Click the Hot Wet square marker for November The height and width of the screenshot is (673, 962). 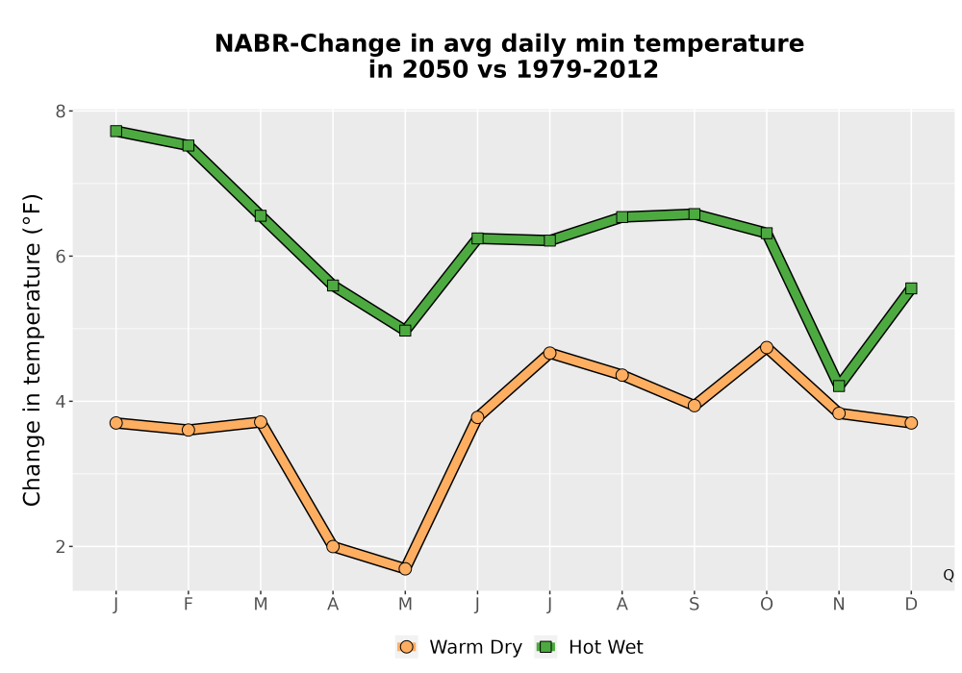pos(839,386)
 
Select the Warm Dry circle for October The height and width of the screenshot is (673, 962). pos(767,347)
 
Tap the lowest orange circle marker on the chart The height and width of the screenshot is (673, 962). pos(405,569)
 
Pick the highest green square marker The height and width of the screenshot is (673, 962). pos(116,131)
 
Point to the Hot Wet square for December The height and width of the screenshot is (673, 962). pos(911,288)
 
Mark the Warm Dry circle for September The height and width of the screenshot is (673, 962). pos(694,405)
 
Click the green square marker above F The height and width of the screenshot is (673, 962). pos(189,145)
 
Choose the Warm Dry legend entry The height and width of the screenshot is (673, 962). pos(459,647)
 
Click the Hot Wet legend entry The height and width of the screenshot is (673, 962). pos(589,647)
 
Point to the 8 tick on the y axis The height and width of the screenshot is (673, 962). pos(60,112)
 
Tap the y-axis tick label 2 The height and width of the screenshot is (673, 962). pos(60,547)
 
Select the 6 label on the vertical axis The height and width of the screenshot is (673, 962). pos(60,256)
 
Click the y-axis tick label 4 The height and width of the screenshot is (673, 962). pos(60,402)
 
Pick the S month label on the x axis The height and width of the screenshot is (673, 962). pos(694,605)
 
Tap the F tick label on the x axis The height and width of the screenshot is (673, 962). pos(189,605)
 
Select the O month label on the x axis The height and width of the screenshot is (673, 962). pos(767,605)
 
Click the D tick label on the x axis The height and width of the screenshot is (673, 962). pos(911,605)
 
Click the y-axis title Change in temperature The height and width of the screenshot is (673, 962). pos(32,350)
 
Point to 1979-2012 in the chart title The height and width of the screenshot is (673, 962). pos(587,68)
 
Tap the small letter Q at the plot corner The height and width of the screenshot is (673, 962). pos(949,575)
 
